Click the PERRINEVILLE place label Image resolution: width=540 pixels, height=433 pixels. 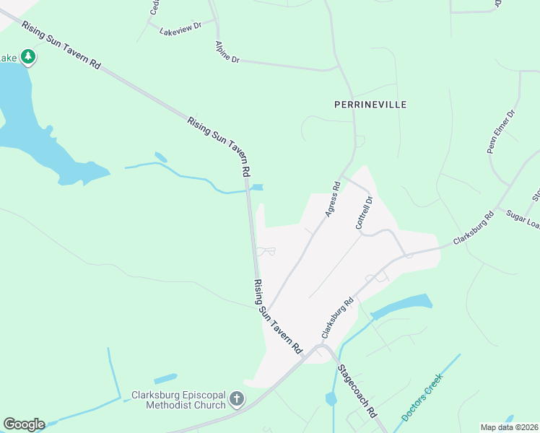(x=370, y=105)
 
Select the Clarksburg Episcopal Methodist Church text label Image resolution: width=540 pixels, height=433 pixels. (x=178, y=400)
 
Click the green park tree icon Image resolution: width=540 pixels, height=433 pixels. (x=27, y=56)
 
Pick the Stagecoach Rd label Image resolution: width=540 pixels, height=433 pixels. (x=357, y=392)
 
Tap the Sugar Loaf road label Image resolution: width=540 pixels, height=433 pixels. (x=524, y=216)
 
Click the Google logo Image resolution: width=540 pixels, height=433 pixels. (x=24, y=424)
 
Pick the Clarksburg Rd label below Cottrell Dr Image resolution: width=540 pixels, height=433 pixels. (x=337, y=318)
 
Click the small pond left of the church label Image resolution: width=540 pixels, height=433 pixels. (x=165, y=378)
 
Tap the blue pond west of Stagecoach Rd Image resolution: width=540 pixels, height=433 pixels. (x=331, y=398)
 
